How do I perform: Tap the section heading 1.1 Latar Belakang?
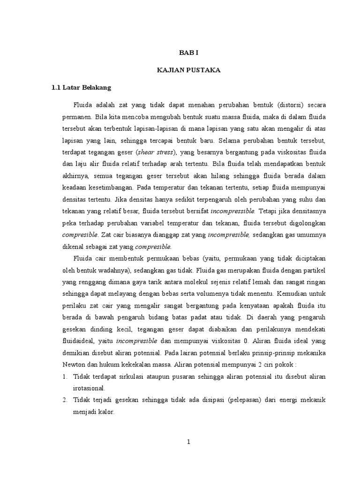[81, 87]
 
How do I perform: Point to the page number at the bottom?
[188, 442]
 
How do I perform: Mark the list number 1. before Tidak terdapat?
[65, 376]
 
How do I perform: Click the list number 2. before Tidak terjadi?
[65, 400]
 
